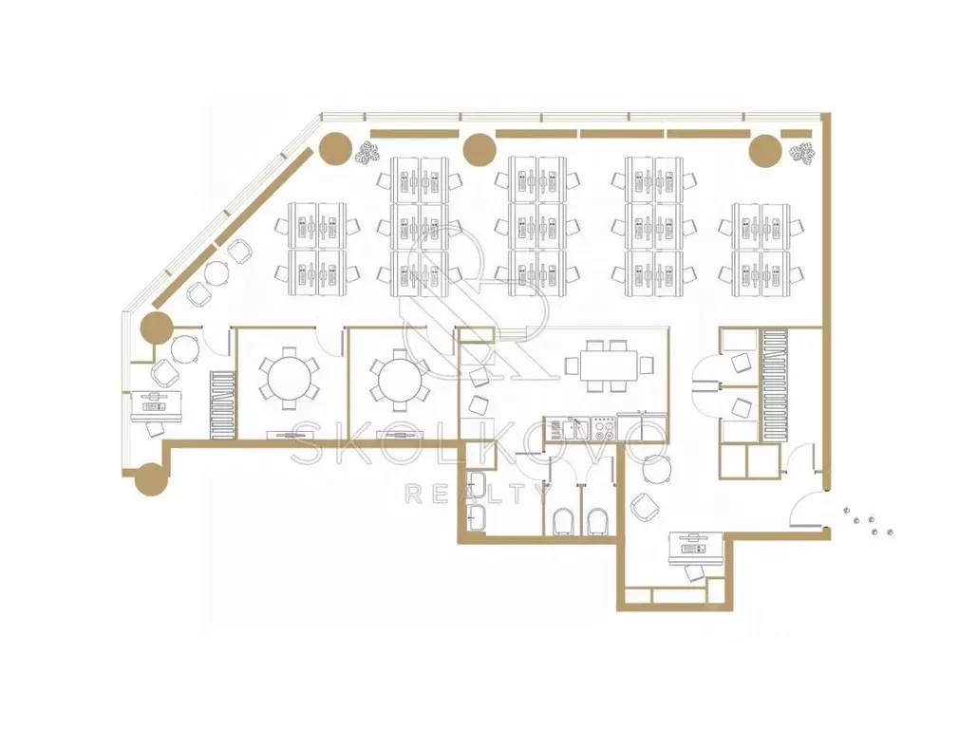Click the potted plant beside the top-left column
pyautogui.click(x=367, y=152)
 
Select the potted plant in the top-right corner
pyautogui.click(x=802, y=154)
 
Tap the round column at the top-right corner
pyautogui.click(x=765, y=150)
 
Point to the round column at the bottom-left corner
pyautogui.click(x=150, y=478)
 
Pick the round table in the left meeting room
pyautogui.click(x=289, y=379)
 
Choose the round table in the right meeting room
pyautogui.click(x=400, y=379)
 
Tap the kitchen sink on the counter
pyautogui.click(x=571, y=427)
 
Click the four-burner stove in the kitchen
pyautogui.click(x=603, y=427)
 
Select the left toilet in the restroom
pyautogui.click(x=564, y=522)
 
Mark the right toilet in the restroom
pyautogui.click(x=598, y=522)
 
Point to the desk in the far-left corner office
pyautogui.click(x=159, y=406)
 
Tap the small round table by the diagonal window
pyautogui.click(x=216, y=272)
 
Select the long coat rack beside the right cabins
pyautogui.click(x=774, y=385)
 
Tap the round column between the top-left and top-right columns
pyautogui.click(x=479, y=150)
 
